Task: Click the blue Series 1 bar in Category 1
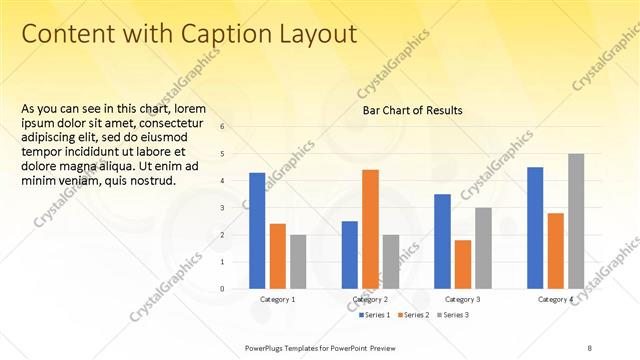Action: [257, 231]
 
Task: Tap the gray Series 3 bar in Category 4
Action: [576, 221]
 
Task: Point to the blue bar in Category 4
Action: [535, 228]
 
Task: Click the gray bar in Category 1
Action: [298, 261]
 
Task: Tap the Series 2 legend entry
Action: [417, 315]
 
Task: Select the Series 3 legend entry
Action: [455, 315]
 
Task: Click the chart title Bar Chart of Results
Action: [412, 110]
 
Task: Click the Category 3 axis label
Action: [462, 300]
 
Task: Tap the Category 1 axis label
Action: [277, 300]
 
